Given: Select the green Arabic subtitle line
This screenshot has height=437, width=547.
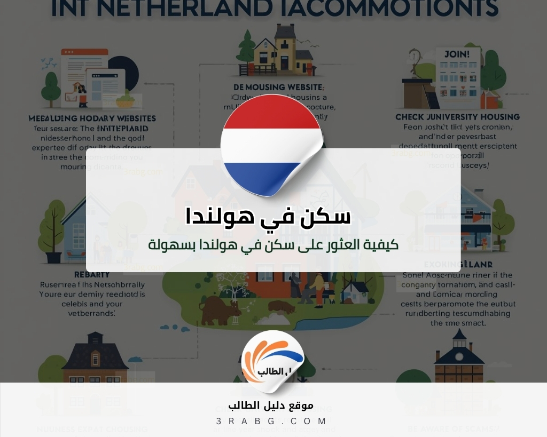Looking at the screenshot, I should coord(273,245).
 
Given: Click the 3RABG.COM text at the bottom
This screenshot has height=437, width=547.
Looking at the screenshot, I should coord(272,421).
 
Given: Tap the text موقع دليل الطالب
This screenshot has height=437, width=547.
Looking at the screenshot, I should coord(272,406).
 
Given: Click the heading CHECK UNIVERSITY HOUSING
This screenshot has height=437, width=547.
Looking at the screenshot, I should coord(457,117).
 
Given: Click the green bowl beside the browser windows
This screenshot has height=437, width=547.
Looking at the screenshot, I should coord(126,98).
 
